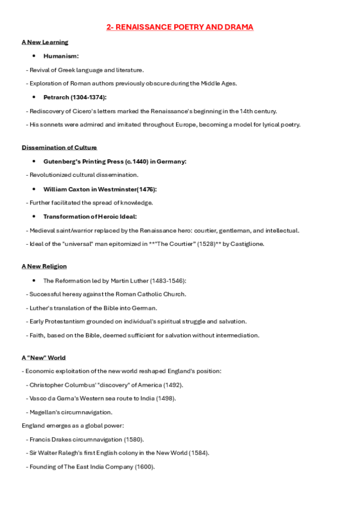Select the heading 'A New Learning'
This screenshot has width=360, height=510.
(x=45, y=42)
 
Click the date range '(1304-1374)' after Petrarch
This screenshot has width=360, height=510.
(x=90, y=97)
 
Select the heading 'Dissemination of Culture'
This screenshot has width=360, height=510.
(x=59, y=147)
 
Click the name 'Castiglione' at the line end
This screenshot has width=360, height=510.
(x=246, y=244)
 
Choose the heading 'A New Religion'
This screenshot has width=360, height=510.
(x=44, y=266)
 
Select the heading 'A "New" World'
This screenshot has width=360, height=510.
(x=43, y=358)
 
